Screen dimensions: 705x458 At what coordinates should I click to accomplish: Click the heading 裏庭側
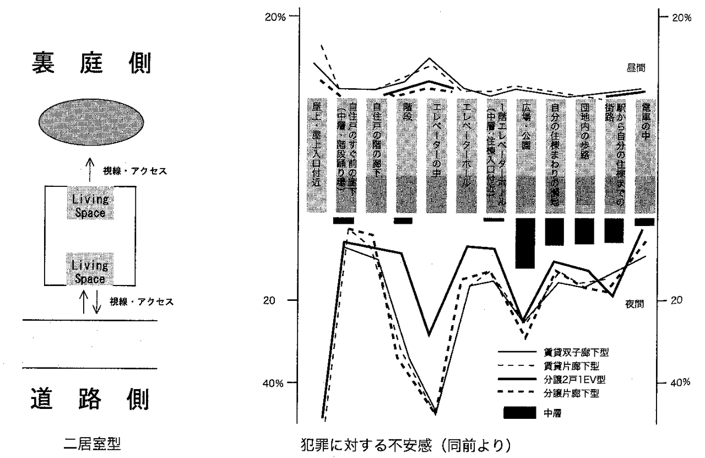[89, 64]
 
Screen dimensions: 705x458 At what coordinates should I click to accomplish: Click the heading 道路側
[89, 399]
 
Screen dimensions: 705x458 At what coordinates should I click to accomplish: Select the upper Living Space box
[90, 205]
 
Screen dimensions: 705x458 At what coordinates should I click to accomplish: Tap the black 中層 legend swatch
[519, 412]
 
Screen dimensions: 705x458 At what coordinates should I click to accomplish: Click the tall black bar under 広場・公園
[525, 243]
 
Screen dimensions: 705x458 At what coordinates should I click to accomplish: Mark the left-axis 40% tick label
[275, 382]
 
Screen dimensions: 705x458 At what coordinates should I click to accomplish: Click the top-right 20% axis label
[681, 17]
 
